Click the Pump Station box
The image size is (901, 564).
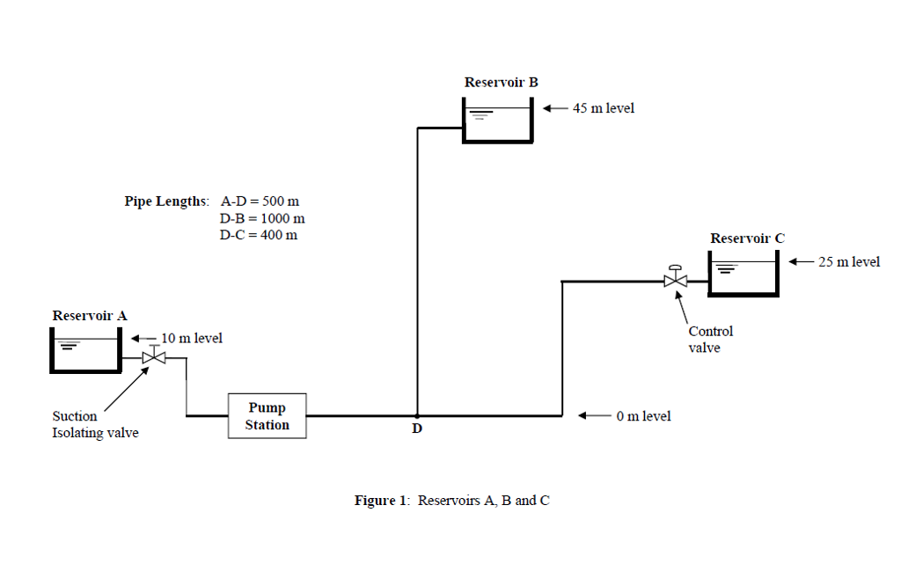tap(267, 416)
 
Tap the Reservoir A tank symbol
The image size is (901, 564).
tap(85, 350)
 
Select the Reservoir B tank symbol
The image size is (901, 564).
tap(497, 120)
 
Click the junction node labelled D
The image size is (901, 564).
tap(417, 415)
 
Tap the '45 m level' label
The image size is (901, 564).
tap(603, 108)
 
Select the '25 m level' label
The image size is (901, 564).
tap(848, 261)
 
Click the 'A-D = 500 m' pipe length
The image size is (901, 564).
tap(260, 201)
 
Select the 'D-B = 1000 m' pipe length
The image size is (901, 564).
tap(262, 218)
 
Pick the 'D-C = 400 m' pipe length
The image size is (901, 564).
tap(259, 235)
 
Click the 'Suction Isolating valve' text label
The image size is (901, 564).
tap(95, 424)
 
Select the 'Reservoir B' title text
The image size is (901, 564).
tap(501, 82)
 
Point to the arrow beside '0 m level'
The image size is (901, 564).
tap(593, 415)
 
